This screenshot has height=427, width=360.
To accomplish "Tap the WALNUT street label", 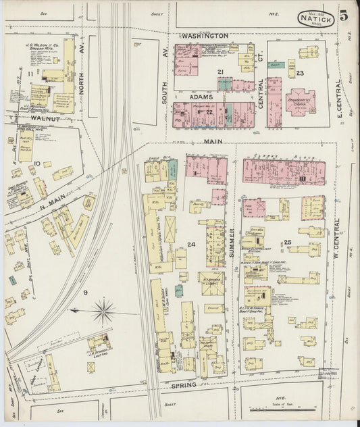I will [45, 119].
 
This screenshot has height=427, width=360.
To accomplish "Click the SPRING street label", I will [183, 384].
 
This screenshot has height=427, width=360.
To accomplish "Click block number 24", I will [192, 244].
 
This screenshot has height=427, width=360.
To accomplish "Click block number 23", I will [300, 72].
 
